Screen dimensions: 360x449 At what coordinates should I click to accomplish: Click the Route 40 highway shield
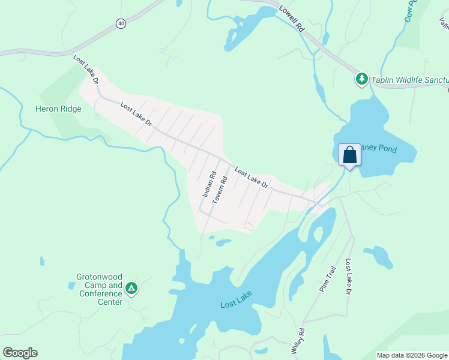[x=121, y=23]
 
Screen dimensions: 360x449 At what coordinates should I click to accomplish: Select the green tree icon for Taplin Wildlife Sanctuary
[x=361, y=79]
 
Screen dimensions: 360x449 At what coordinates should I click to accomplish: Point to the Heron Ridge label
[x=58, y=109]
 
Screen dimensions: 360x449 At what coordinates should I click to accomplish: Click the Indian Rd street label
[x=209, y=185]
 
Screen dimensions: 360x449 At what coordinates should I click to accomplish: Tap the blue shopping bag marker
[x=349, y=155]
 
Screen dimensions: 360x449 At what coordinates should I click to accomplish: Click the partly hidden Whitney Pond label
[x=378, y=149]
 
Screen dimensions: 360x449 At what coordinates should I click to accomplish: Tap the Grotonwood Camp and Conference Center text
[x=99, y=290]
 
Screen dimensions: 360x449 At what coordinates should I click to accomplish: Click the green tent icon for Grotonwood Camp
[x=131, y=289]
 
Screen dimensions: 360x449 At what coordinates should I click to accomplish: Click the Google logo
[x=20, y=353]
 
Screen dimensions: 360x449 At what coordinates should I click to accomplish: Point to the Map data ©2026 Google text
[x=412, y=355]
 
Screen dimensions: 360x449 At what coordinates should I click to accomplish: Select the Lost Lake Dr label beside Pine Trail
[x=348, y=277]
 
